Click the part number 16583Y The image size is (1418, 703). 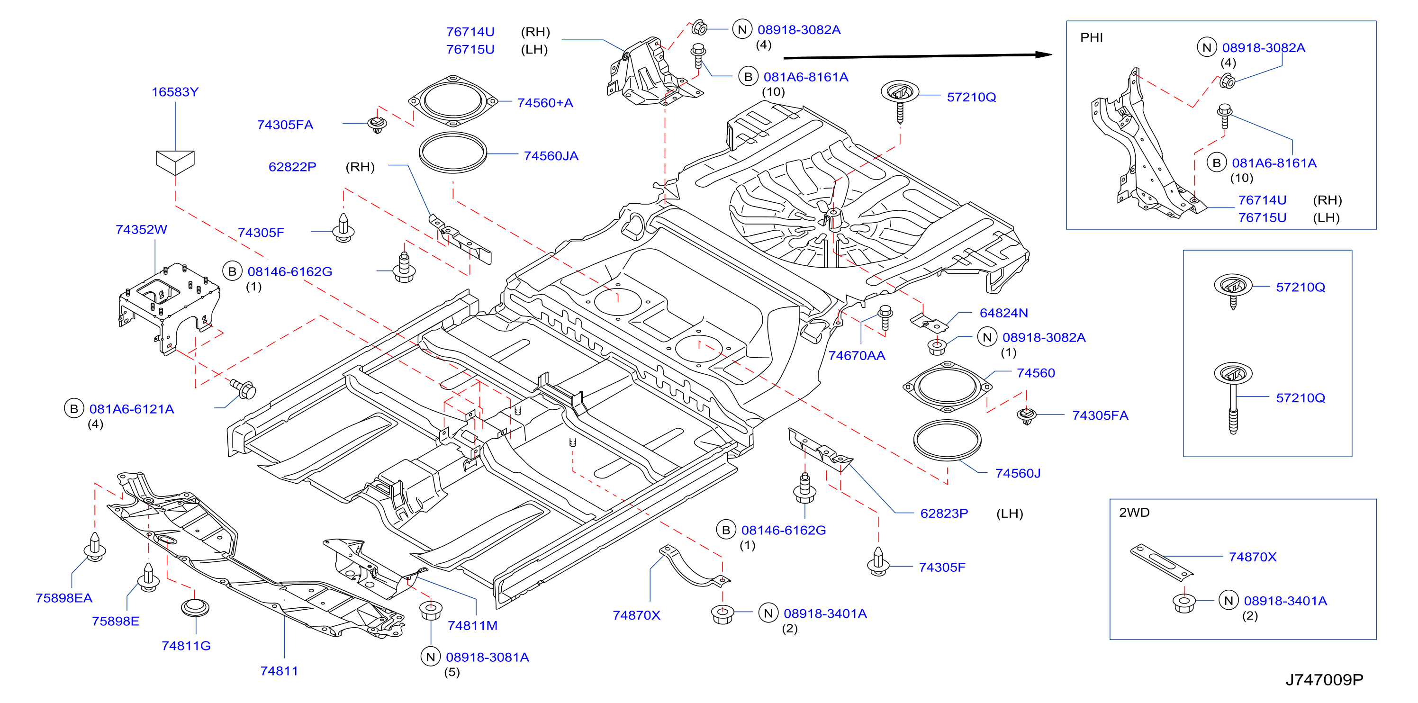tap(175, 92)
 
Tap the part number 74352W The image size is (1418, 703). tap(142, 230)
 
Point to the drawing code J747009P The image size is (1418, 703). tap(1324, 680)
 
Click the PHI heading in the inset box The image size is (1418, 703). tap(1092, 37)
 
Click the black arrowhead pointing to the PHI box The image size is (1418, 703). tap(1043, 54)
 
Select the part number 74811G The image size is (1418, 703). tap(186, 646)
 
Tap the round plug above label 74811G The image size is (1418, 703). tap(195, 608)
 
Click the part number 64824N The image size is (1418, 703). tap(1004, 313)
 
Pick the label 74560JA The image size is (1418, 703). tap(551, 156)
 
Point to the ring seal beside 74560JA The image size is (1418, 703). tap(452, 153)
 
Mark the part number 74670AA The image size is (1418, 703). tap(857, 356)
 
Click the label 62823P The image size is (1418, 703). tap(944, 514)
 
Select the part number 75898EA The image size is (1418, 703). tap(64, 598)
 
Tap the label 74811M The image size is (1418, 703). tap(472, 626)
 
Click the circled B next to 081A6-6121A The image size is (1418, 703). tap(74, 409)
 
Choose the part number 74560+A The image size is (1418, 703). tap(545, 103)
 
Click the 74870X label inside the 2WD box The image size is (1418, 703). tap(1253, 557)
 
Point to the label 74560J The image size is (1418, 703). tap(1018, 473)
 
